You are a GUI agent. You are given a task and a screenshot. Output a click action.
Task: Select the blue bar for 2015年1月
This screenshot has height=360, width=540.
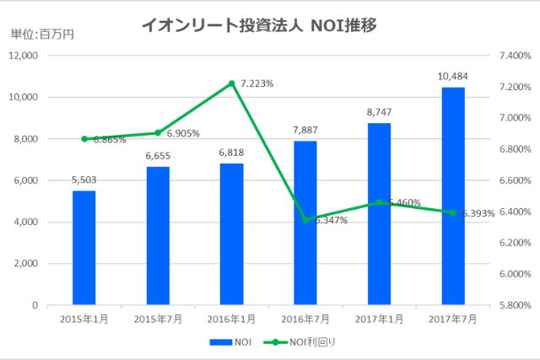[x=84, y=248]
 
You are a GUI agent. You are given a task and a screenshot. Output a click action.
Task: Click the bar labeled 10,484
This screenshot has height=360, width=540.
[x=452, y=196]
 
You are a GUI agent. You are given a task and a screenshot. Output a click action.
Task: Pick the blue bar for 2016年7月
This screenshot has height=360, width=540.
[x=305, y=223]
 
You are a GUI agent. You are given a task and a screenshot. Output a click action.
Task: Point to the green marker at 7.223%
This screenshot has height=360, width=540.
[x=231, y=83]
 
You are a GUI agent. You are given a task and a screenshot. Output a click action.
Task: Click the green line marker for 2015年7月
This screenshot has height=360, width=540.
[x=158, y=132]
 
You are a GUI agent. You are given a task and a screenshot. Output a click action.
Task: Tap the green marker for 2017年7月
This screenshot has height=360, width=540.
[x=452, y=212]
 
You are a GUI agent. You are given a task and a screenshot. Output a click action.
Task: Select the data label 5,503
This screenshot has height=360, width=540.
[x=84, y=180]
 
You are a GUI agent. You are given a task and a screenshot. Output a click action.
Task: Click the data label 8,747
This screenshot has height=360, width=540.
[x=379, y=112]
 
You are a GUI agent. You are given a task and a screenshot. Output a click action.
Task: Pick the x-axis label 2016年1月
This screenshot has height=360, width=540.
[x=231, y=318]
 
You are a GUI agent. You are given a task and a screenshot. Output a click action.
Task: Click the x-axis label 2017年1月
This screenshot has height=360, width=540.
[x=379, y=318]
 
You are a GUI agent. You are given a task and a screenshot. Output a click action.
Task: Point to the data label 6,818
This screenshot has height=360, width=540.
[x=231, y=153]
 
